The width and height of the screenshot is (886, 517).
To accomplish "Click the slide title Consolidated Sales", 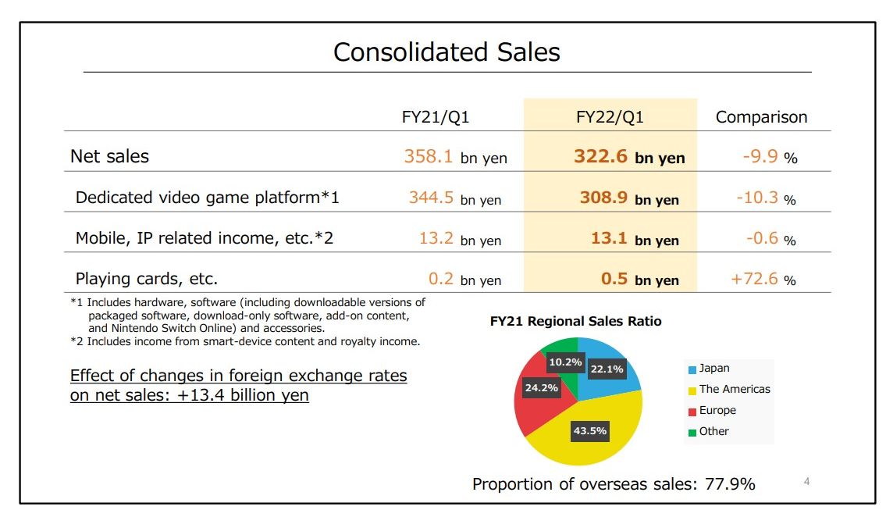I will (x=447, y=52).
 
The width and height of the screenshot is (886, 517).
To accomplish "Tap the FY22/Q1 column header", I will (x=610, y=117).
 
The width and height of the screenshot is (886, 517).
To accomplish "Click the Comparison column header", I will (x=761, y=117).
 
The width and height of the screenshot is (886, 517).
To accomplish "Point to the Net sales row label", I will (x=109, y=156).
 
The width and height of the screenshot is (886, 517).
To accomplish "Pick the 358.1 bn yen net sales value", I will (x=455, y=157).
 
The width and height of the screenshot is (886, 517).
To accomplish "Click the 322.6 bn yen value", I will (x=629, y=157).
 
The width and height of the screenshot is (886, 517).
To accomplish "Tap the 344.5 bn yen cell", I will (x=455, y=198).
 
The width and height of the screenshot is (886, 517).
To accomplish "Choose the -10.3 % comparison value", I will (x=766, y=198).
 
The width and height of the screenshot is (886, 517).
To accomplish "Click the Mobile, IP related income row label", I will (x=204, y=238).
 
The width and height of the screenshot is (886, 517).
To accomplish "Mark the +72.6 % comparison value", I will (x=763, y=279).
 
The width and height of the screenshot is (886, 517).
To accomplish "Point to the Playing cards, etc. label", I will (x=146, y=279).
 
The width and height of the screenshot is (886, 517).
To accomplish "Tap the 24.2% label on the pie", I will (x=541, y=387).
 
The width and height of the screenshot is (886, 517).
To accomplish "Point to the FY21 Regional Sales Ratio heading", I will (x=575, y=321).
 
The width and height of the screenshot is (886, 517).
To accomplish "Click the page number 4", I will (x=806, y=482).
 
